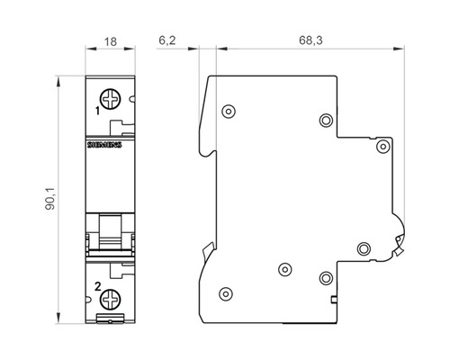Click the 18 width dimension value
point(111,41)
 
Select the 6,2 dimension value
point(167,40)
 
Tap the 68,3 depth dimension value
point(310,40)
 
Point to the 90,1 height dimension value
point(50,199)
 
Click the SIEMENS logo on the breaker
point(104,145)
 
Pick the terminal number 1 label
point(97,111)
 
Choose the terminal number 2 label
point(98,287)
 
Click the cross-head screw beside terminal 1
point(111,99)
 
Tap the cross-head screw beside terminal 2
point(111,300)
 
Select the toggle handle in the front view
point(111,231)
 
